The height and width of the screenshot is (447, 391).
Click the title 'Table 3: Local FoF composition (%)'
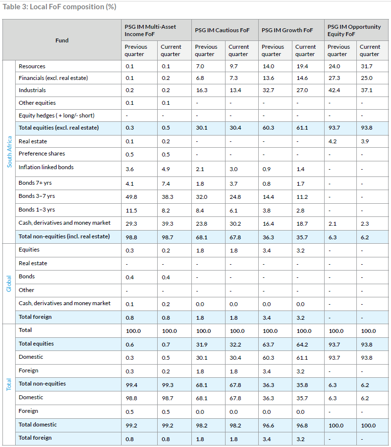coord(60,7)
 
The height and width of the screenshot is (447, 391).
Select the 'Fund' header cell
coord(62,40)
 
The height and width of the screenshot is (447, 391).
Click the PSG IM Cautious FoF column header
coord(222,30)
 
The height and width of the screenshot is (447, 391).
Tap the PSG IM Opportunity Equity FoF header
coord(354,31)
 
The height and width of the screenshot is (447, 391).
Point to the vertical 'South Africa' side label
coord(9,152)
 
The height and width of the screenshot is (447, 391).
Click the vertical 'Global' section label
coord(9,284)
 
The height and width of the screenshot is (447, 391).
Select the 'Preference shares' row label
coord(41,154)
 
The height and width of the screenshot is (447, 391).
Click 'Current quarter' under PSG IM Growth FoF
coord(306,51)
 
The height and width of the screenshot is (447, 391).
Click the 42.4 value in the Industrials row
coord(334,90)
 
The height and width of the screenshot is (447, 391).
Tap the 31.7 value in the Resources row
coord(367,66)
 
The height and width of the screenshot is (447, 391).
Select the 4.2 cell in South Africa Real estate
coord(332,141)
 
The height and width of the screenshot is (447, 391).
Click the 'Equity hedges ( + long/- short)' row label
coord(57,116)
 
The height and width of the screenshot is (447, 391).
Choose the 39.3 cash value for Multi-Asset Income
coord(167,224)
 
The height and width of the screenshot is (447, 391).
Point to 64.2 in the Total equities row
coord(302,345)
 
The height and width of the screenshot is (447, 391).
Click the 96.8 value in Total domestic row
coord(302,426)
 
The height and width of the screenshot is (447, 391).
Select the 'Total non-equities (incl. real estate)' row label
coord(64,236)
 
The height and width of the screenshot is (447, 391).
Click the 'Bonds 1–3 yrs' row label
coord(37,210)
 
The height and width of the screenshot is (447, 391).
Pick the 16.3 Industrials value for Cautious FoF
coord(202,90)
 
